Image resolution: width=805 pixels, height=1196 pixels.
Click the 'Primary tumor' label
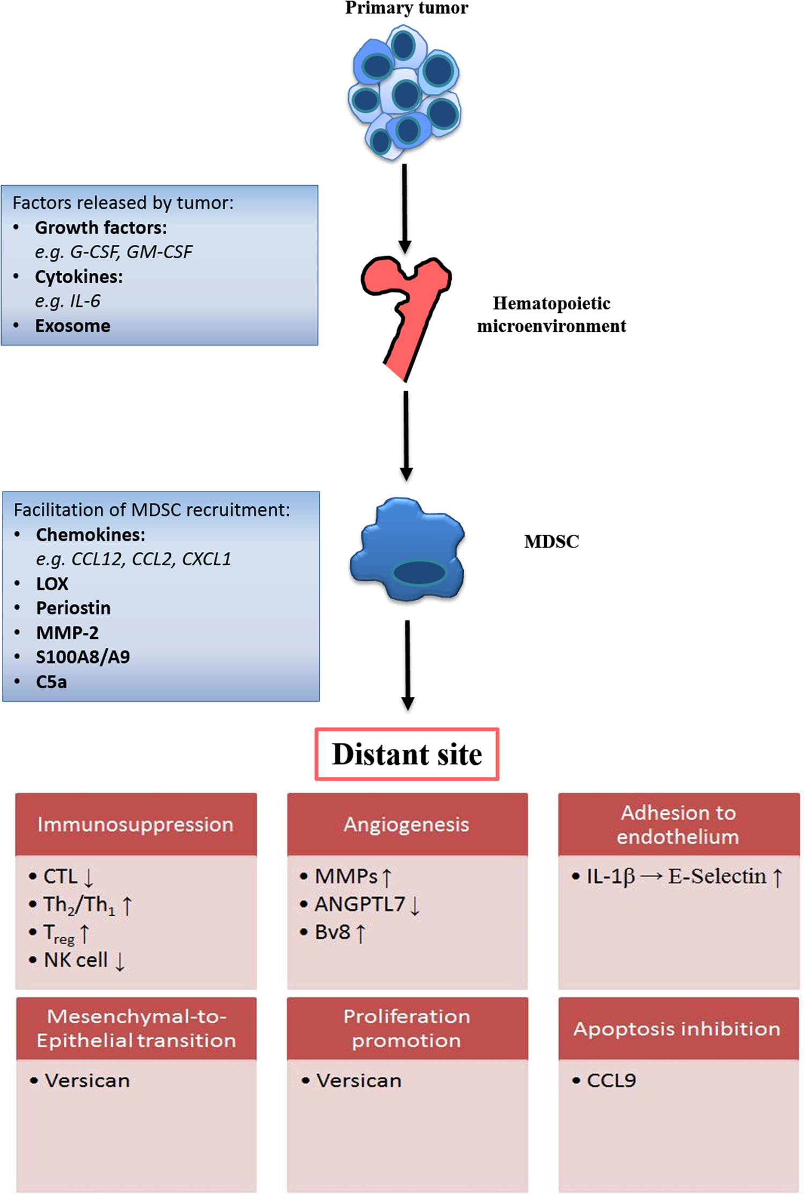[x=406, y=8]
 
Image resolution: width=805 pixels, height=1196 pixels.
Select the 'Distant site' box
[x=407, y=754]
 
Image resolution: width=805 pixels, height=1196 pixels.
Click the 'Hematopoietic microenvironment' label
[x=551, y=315]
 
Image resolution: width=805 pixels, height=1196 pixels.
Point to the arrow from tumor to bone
[x=405, y=207]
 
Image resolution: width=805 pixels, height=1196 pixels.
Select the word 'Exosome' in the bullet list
[x=72, y=326]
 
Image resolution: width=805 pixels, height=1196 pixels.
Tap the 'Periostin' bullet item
[x=73, y=608]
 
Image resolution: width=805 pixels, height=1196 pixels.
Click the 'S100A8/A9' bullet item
[x=83, y=657]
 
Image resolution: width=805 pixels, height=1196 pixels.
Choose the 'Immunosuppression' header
[x=135, y=825]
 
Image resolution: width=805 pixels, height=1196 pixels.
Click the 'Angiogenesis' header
[x=406, y=825]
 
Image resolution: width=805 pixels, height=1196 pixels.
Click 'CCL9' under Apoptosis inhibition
[x=611, y=1080]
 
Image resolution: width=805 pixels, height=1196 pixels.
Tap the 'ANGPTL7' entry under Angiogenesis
[x=360, y=904]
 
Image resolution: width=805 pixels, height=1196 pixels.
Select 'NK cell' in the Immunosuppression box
[x=76, y=960]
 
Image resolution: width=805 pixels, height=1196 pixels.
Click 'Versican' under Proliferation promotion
[x=358, y=1080]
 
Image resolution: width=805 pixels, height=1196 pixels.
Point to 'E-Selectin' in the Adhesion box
[x=717, y=876]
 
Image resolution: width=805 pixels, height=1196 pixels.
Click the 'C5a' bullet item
[x=51, y=682]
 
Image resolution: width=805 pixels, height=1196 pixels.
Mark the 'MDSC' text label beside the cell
[x=551, y=542]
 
